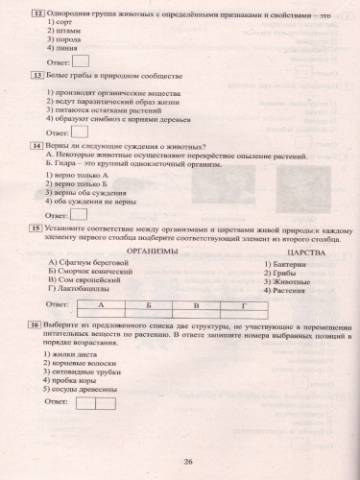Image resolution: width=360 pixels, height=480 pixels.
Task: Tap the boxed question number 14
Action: click(36, 144)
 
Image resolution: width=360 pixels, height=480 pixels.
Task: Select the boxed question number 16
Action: click(36, 326)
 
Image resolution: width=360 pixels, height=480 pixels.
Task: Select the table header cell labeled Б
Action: click(150, 304)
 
